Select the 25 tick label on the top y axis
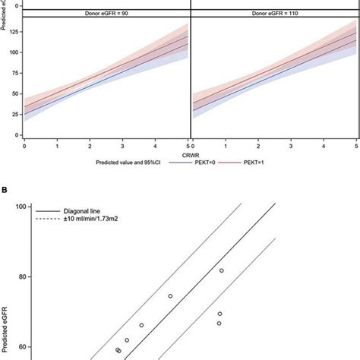(15, 115)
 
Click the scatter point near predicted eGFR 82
(222, 270)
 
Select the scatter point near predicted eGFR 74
(170, 296)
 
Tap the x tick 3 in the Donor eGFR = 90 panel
(122, 144)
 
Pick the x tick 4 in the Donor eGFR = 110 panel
(324, 144)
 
